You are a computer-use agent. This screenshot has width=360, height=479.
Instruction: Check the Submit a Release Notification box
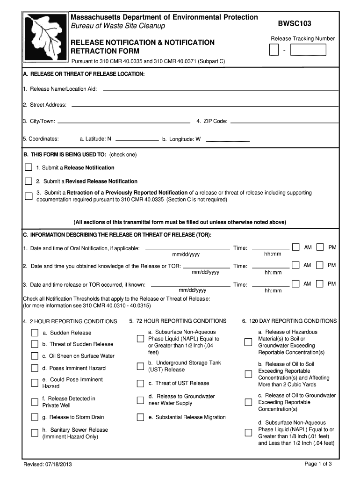[x=29, y=167]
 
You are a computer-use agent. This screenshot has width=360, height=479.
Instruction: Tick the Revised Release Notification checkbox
[x=29, y=181]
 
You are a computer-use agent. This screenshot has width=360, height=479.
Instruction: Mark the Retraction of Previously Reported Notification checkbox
[x=29, y=196]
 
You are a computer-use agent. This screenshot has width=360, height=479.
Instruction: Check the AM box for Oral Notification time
[x=296, y=247]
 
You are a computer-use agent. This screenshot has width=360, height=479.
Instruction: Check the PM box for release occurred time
[x=320, y=283]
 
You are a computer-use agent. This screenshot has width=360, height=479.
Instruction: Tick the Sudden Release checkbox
[x=35, y=333]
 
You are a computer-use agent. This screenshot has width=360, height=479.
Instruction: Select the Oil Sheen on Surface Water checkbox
[x=35, y=356]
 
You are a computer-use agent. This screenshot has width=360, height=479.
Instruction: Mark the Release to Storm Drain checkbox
[x=35, y=417]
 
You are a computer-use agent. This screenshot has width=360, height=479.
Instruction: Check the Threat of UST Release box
[x=140, y=384]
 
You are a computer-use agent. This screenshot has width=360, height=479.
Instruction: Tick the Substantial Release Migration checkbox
[x=140, y=417]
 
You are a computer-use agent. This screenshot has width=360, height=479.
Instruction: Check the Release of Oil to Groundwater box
[x=248, y=402]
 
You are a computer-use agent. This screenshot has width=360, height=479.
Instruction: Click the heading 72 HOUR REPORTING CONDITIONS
[x=178, y=321]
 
